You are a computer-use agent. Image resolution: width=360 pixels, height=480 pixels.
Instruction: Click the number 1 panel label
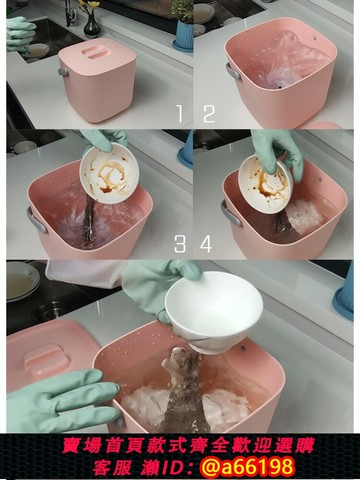180,114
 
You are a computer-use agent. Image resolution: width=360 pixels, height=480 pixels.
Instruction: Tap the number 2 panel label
209,114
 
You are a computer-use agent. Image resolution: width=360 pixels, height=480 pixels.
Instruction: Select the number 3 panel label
180,244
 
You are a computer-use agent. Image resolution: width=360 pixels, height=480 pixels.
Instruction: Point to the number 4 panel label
206,244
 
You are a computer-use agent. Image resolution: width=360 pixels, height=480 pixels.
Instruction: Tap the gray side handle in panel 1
63,72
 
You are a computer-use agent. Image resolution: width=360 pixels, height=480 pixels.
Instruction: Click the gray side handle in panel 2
233,71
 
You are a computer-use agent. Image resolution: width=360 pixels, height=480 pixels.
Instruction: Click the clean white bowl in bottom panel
214,311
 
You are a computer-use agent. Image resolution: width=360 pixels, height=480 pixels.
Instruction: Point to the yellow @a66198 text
247,466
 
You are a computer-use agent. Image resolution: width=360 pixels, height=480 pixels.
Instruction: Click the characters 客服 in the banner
112,467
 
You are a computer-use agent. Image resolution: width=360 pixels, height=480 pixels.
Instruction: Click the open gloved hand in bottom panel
62,400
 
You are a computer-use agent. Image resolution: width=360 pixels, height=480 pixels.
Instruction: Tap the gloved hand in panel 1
20,34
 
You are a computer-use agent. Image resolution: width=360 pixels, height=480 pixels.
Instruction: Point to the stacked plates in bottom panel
22,282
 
